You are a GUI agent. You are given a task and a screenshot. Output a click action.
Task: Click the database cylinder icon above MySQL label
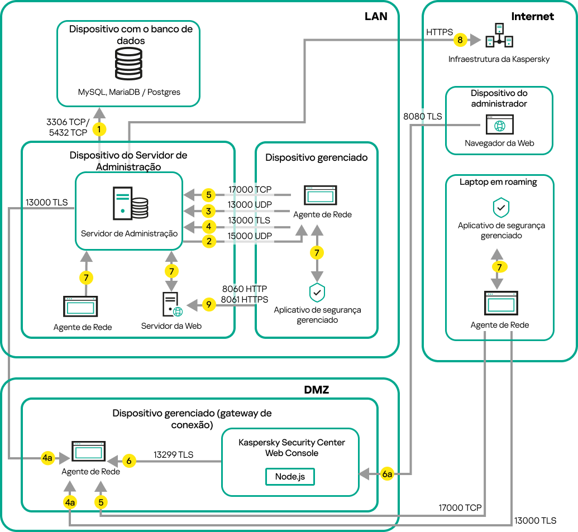click(x=128, y=65)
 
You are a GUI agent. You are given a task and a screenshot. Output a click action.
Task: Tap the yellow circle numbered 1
click(x=99, y=130)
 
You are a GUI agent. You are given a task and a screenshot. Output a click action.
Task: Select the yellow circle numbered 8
click(x=460, y=40)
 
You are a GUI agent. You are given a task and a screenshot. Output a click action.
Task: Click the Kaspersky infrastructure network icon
click(x=499, y=36)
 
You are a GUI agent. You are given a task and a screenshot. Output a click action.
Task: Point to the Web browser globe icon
click(x=499, y=126)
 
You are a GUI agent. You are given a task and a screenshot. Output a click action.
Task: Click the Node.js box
click(x=290, y=477)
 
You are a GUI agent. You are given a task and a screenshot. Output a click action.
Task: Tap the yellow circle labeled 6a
click(x=388, y=474)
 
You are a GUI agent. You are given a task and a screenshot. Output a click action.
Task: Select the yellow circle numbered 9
click(x=208, y=305)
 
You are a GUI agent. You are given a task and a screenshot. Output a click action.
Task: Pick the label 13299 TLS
click(x=173, y=454)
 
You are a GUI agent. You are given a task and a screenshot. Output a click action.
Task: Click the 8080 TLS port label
click(x=422, y=117)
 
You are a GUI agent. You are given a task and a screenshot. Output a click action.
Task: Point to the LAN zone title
click(x=375, y=16)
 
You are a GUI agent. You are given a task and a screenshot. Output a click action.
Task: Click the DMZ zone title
click(x=316, y=390)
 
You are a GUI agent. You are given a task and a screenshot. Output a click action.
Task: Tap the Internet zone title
click(x=532, y=16)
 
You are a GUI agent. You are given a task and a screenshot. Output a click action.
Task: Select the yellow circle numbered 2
click(x=208, y=242)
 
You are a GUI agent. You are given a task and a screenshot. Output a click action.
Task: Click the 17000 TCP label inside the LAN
click(x=250, y=190)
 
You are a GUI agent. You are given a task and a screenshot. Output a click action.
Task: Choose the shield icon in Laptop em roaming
click(x=500, y=208)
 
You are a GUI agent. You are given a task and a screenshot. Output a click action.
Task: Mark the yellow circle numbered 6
click(x=129, y=461)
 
